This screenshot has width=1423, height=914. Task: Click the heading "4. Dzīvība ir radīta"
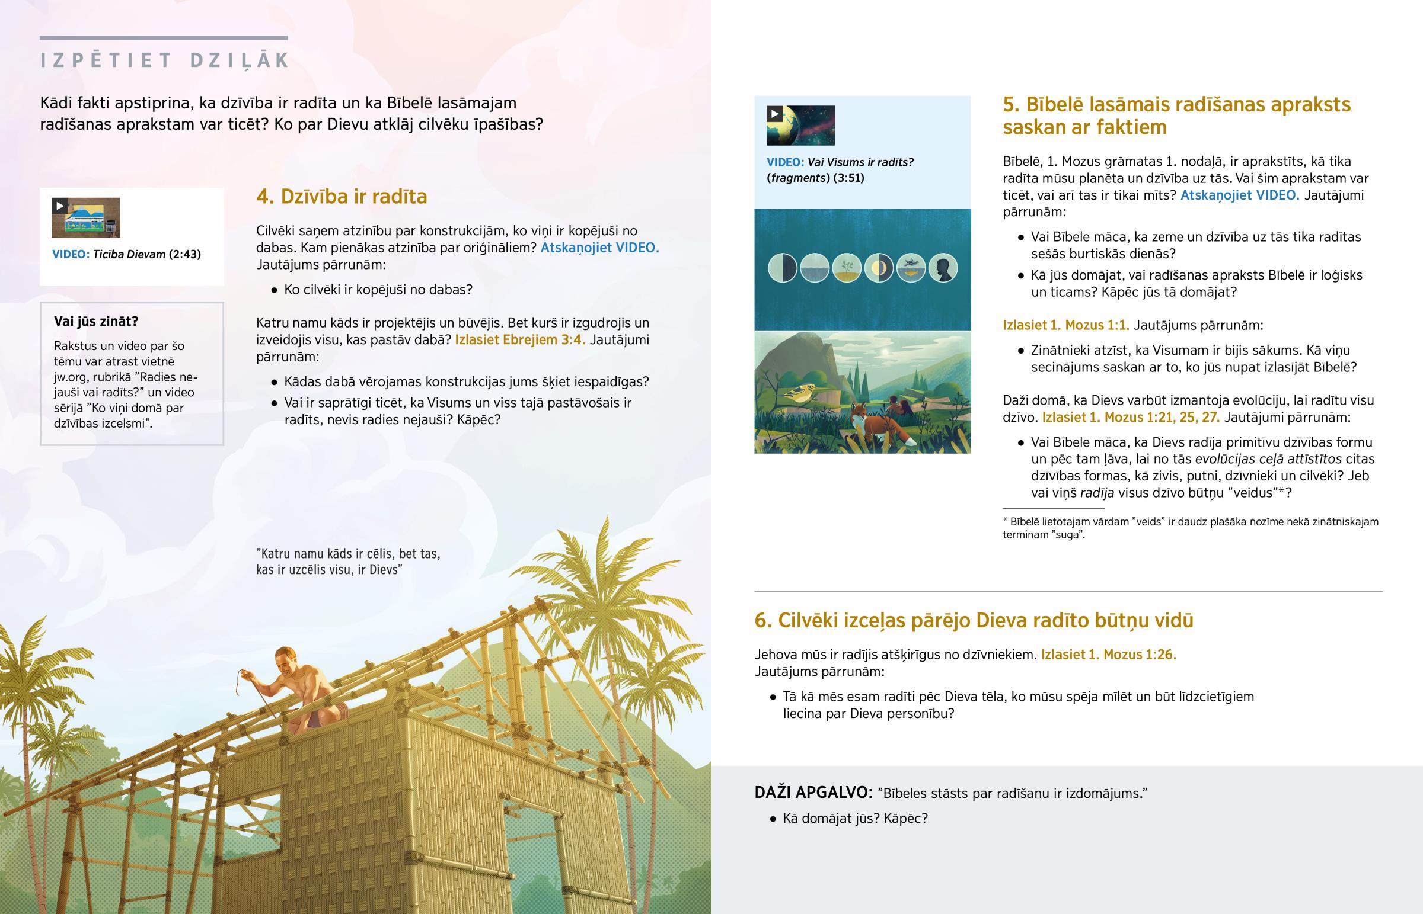[x=342, y=197]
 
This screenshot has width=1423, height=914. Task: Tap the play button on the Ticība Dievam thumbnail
[x=60, y=206]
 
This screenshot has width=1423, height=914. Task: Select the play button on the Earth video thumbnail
[x=775, y=114]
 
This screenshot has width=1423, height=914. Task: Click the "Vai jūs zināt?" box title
[x=96, y=322]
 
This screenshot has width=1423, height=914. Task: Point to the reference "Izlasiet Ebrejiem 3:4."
[x=519, y=340]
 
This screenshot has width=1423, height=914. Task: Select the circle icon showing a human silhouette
[x=943, y=268]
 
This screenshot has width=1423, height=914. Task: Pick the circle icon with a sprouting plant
[x=846, y=268]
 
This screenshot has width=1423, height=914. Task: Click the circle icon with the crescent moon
[x=878, y=268]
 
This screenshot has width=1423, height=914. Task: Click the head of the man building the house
[x=286, y=658]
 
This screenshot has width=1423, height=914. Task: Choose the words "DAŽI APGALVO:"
[x=813, y=793]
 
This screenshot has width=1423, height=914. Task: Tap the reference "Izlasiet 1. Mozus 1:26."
[x=1108, y=655]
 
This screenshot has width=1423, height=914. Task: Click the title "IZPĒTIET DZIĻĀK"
[x=164, y=60]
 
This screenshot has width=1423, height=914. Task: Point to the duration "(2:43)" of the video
[x=185, y=255]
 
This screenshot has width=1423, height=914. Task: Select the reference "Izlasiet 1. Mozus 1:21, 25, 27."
[x=1131, y=417]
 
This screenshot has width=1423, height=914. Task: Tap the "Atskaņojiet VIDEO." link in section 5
[x=1239, y=195]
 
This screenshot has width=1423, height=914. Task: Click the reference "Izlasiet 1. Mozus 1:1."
[x=1066, y=325]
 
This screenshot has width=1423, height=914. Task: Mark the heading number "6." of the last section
[x=763, y=620]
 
